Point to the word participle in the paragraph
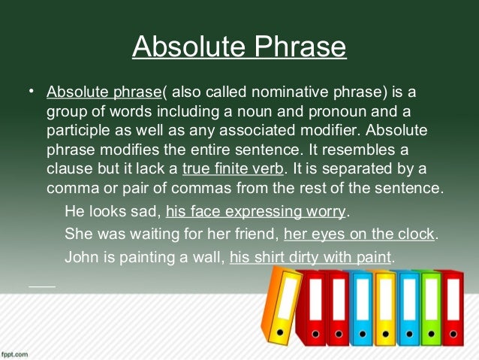pyautogui.click(x=78, y=130)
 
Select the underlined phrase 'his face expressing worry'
pyautogui.click(x=256, y=210)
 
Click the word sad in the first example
pyautogui.click(x=143, y=210)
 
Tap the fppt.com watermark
pyautogui.click(x=15, y=353)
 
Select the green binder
pyautogui.click(x=430, y=308)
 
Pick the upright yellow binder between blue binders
pyautogui.click(x=385, y=308)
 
